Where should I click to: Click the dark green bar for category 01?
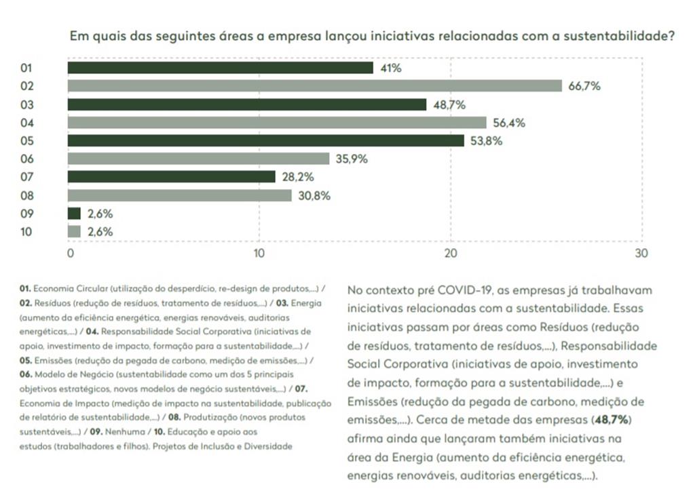(x=220, y=68)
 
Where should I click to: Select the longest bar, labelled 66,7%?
(x=314, y=85)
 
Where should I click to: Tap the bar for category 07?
(x=171, y=177)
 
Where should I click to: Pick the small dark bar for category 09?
(x=74, y=214)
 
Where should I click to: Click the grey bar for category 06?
(x=198, y=159)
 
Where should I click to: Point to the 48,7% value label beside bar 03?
(x=449, y=104)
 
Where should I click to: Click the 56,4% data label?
(x=509, y=123)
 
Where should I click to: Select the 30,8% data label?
(x=315, y=195)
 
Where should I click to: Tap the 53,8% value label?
(x=487, y=141)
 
